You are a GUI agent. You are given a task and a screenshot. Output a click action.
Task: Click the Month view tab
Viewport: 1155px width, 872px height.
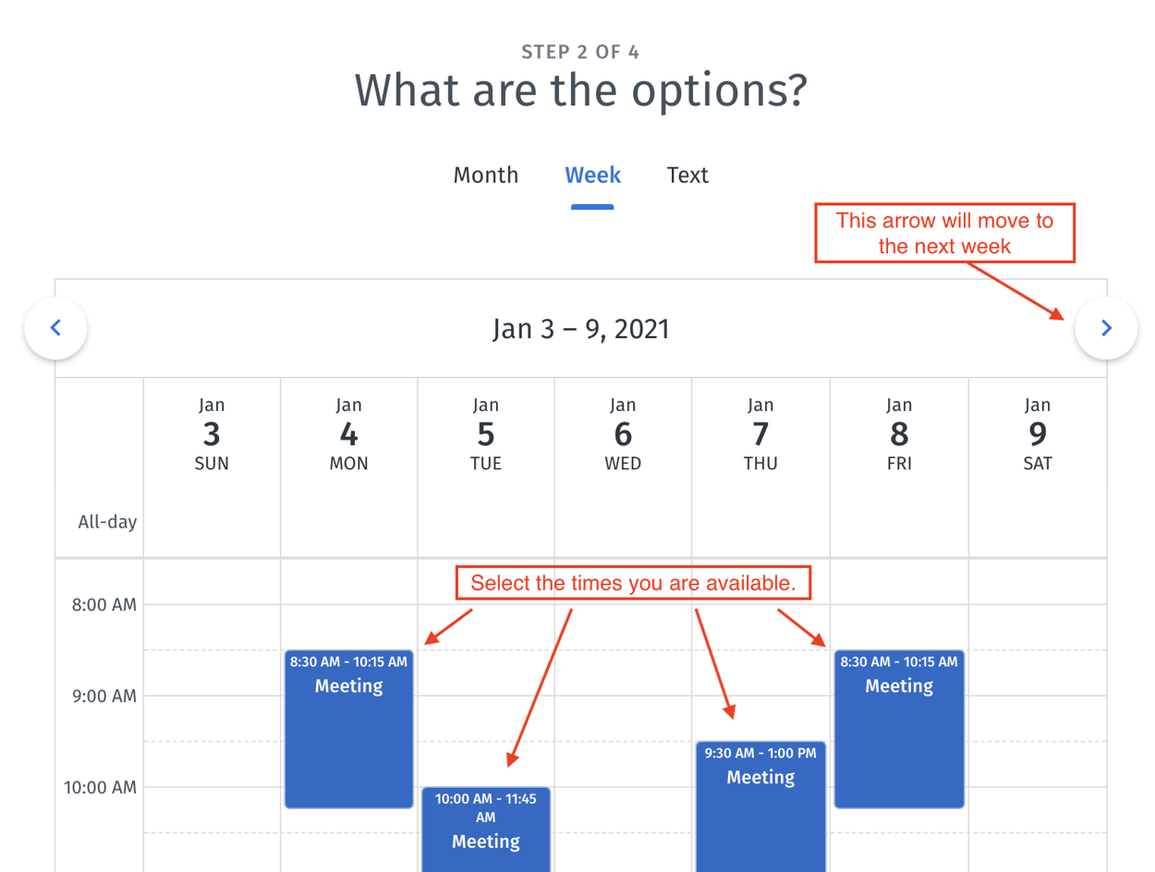pos(485,176)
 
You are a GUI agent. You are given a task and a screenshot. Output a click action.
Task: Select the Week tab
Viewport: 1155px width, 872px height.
pos(592,176)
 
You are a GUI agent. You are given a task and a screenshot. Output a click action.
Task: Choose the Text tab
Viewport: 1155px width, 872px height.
pos(687,176)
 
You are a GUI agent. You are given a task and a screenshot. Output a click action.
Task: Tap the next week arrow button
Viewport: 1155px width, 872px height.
pos(1106,328)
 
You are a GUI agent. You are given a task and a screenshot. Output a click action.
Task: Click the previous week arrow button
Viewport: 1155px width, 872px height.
pos(56,328)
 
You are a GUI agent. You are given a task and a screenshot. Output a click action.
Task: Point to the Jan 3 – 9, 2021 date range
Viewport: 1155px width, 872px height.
pos(580,330)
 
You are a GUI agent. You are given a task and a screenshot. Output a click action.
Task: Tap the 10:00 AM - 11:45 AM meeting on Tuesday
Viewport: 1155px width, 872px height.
pos(486,831)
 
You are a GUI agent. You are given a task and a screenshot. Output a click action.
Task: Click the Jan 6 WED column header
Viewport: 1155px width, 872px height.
pos(623,434)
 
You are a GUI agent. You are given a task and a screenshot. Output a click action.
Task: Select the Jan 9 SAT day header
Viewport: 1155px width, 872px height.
pos(1037,434)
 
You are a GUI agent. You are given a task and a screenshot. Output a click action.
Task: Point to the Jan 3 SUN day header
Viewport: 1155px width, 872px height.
pos(212,434)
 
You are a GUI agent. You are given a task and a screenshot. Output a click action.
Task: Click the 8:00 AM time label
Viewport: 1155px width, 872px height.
pos(104,606)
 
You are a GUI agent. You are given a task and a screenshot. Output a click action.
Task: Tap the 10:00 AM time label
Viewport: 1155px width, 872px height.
pos(100,788)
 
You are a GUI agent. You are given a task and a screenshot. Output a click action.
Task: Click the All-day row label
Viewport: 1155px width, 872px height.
pos(107,523)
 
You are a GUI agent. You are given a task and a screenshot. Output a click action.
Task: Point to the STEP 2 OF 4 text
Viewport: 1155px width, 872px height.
pos(580,52)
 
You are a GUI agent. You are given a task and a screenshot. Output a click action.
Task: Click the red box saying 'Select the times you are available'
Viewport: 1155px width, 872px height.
pos(633,584)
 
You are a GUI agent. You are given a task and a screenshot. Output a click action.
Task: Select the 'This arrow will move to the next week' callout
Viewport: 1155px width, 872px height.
pos(944,233)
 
